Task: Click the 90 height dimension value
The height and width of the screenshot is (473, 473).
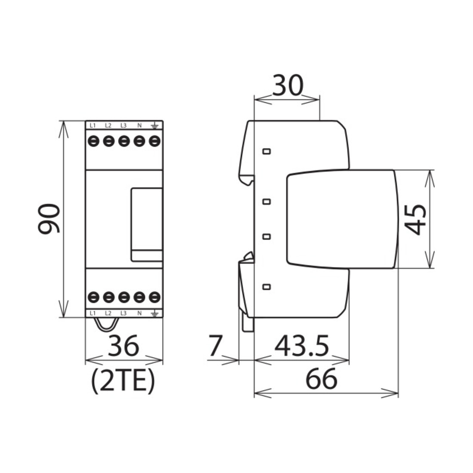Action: click(49, 219)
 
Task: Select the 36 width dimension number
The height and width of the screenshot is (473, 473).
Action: click(124, 346)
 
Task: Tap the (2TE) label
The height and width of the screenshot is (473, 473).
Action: click(123, 381)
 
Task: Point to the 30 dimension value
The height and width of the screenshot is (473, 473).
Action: click(288, 86)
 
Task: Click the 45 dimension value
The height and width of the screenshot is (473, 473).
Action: click(415, 220)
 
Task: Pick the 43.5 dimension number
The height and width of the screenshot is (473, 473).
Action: click(302, 346)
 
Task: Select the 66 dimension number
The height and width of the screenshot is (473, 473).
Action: click(321, 378)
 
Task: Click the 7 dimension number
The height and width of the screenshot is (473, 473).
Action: click(215, 345)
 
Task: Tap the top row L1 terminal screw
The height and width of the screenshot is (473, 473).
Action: click(93, 141)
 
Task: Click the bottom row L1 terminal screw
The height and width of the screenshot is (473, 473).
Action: click(93, 297)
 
